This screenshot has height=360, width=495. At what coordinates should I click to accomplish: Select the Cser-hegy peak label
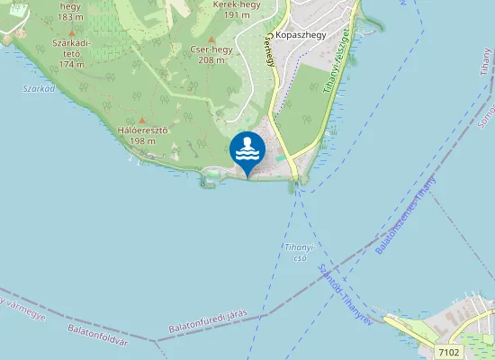pyautogui.click(x=211, y=49)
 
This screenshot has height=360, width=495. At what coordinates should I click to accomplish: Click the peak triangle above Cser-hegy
pyautogui.click(x=211, y=40)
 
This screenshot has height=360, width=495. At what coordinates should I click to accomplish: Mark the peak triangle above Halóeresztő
pyautogui.click(x=142, y=120)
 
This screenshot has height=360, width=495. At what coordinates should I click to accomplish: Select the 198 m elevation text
pyautogui.click(x=143, y=141)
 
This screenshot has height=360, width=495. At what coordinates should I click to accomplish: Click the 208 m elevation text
pyautogui.click(x=211, y=60)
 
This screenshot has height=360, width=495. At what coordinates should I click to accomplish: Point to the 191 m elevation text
pyautogui.click(x=236, y=15)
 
